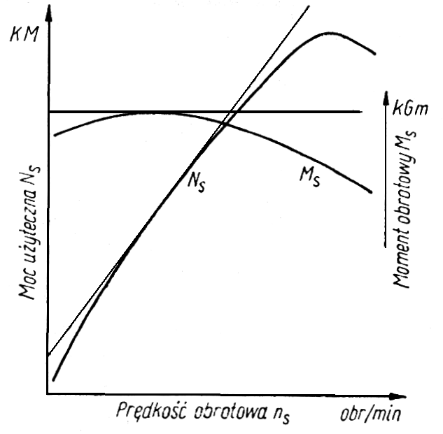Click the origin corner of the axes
pos(47,394)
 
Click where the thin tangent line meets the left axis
pos(47,356)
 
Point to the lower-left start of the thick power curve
pos(53,379)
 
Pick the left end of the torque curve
pos(54,134)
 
